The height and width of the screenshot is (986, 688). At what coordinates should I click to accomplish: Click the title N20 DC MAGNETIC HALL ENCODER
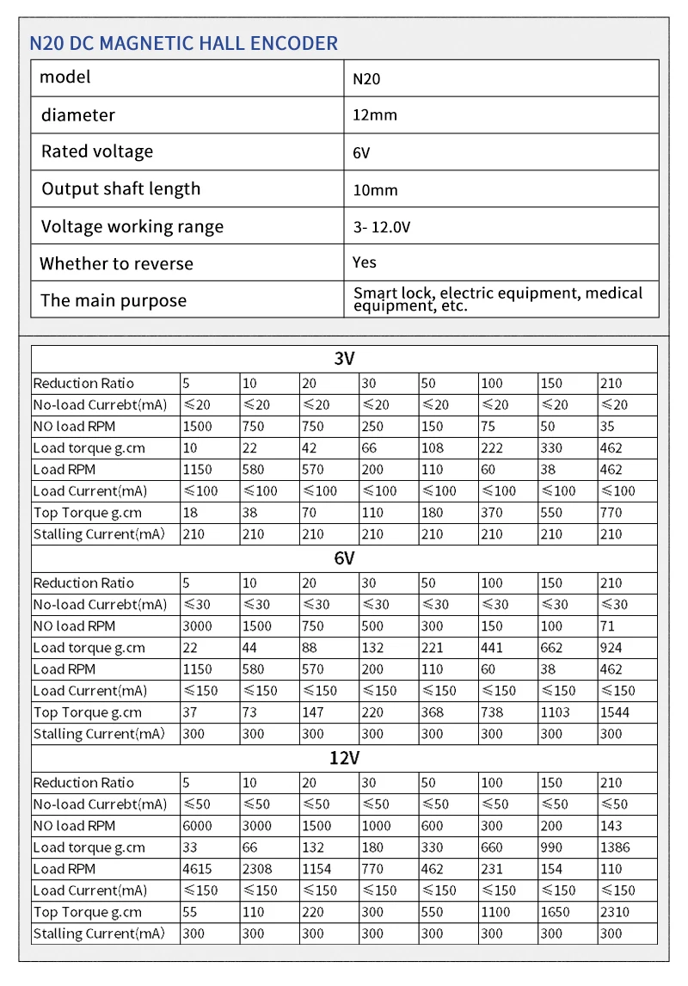tap(184, 43)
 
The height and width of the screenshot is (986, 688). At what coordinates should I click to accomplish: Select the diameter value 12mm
tap(375, 115)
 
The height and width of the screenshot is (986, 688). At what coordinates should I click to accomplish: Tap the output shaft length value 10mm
tap(375, 190)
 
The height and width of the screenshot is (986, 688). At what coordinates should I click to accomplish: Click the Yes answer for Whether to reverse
tap(365, 262)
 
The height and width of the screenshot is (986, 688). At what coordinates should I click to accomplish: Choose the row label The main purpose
tap(114, 301)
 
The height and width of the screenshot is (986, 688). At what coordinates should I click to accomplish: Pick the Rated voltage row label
tap(97, 152)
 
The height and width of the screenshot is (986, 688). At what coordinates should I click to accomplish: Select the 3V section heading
tap(344, 359)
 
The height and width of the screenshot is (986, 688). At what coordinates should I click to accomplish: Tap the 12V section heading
tap(344, 758)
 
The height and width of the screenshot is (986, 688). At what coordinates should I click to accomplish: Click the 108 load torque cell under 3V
tap(433, 448)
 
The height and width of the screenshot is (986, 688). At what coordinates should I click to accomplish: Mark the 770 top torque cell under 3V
tap(612, 513)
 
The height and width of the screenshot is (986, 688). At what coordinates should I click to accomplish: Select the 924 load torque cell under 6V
tap(612, 648)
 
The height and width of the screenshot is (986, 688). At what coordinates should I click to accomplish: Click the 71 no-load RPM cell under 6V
tap(609, 626)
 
